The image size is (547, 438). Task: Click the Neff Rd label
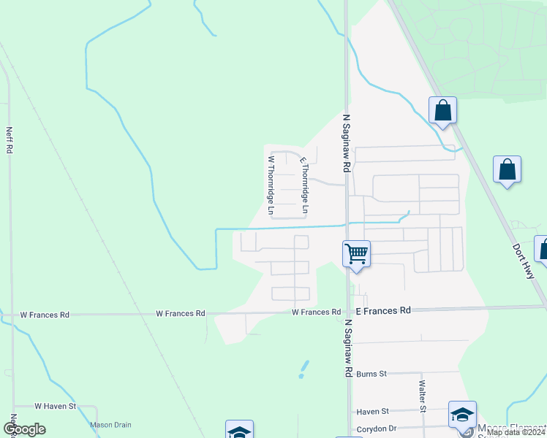click(10, 140)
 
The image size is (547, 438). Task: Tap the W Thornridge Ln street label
click(271, 185)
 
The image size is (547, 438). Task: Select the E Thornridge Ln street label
click(304, 185)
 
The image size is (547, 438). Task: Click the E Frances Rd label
click(383, 310)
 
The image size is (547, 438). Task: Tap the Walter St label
click(422, 396)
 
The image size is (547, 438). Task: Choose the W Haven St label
click(56, 406)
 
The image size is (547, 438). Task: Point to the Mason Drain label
click(110, 424)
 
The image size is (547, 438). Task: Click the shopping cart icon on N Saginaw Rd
click(356, 254)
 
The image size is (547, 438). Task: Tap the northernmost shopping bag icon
click(442, 111)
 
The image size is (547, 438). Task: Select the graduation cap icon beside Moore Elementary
click(462, 415)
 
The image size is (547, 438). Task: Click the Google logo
click(24, 429)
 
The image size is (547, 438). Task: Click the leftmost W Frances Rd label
click(45, 315)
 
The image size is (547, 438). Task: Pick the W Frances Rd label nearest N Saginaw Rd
click(316, 312)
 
